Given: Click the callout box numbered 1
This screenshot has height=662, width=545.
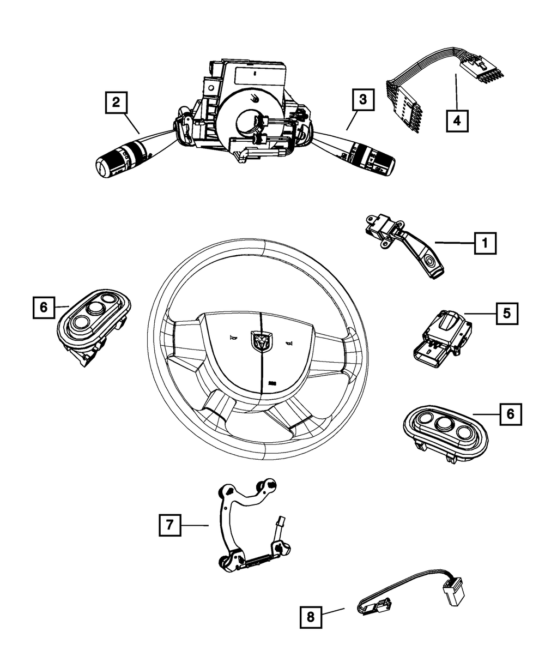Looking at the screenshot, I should [485, 243].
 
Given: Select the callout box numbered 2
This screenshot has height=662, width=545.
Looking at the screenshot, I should [116, 102].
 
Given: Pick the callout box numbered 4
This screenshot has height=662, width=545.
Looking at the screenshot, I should [457, 120].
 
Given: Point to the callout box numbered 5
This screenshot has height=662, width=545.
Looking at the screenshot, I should [506, 314].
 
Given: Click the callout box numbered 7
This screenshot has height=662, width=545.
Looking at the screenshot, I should [170, 525].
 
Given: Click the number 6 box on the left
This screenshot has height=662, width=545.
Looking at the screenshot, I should [44, 307].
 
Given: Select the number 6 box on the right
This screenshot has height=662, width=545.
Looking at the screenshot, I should [510, 414].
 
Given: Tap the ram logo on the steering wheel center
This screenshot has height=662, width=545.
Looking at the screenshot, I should [259, 341].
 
